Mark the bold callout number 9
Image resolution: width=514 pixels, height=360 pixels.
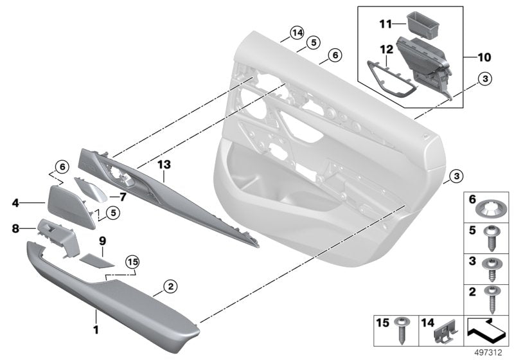tap(101, 242)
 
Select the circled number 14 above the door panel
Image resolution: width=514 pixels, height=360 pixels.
tap(296, 33)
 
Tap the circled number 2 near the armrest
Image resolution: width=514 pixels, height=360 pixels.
tap(170, 285)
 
